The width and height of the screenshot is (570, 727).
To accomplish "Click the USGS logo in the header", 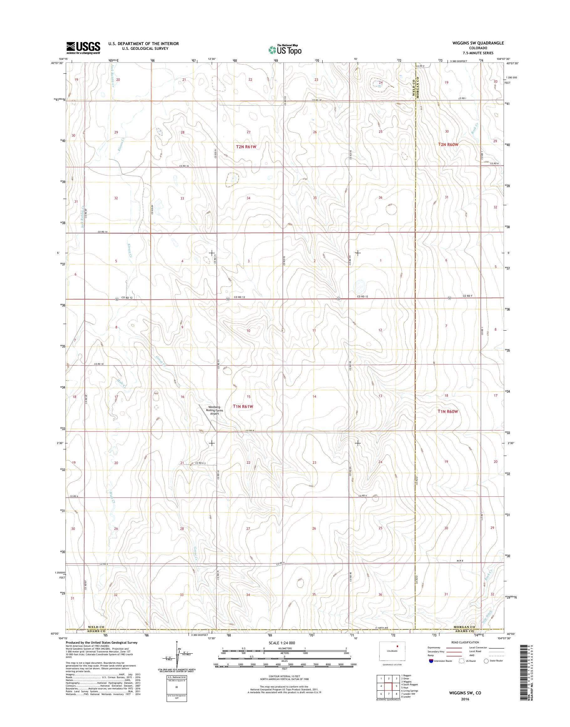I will tap(83, 48).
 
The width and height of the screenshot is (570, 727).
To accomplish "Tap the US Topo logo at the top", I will tap(285, 50).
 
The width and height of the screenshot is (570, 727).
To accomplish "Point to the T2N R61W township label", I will tap(246, 146).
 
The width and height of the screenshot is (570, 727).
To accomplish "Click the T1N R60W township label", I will tap(448, 411).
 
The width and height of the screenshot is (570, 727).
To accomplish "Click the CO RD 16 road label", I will tap(184, 166).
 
